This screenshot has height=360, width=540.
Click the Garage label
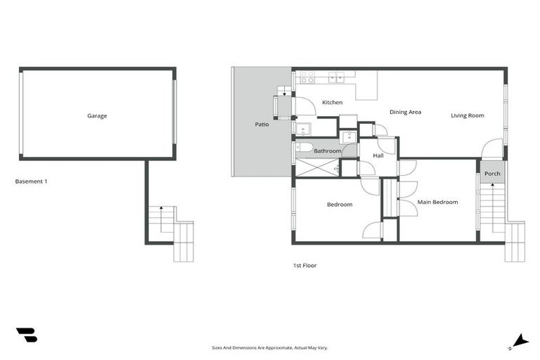(97, 116)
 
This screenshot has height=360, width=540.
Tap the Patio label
(262, 124)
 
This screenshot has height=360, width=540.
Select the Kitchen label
(332, 103)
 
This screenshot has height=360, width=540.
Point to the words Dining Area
(405, 112)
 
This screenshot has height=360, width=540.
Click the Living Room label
(468, 115)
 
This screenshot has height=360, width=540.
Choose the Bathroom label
(327, 151)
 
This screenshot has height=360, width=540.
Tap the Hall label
(378, 155)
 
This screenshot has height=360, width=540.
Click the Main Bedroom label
(437, 202)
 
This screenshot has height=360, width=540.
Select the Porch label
(492, 174)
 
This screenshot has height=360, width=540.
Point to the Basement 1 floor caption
(31, 181)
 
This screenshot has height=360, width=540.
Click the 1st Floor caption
(305, 266)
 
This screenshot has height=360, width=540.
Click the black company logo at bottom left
(26, 335)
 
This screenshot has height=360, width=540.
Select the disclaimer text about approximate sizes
(270, 347)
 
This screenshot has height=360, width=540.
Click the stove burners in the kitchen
(307, 77)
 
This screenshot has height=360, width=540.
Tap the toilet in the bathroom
(304, 148)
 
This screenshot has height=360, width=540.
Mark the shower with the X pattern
(316, 168)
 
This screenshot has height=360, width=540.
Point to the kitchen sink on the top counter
(335, 77)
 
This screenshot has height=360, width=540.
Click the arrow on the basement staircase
(162, 209)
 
